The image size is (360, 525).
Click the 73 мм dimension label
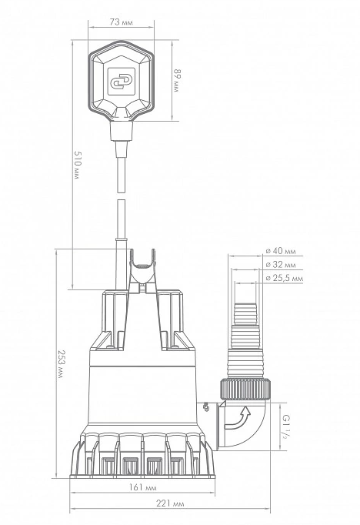pyautogui.click(x=121, y=22)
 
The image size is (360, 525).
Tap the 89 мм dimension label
pyautogui.click(x=177, y=81)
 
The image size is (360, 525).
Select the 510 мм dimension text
pyautogui.click(x=77, y=165)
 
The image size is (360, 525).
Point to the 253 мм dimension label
pyautogui.click(x=61, y=364)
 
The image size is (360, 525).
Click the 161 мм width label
pyautogui.click(x=143, y=487)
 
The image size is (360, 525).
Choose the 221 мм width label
pyautogui.click(x=170, y=503)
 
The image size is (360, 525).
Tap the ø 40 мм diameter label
pyautogui.click(x=281, y=251)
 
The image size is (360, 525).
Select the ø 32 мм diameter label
pyautogui.click(x=281, y=265)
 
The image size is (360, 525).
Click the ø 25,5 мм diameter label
pyautogui.click(x=285, y=278)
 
